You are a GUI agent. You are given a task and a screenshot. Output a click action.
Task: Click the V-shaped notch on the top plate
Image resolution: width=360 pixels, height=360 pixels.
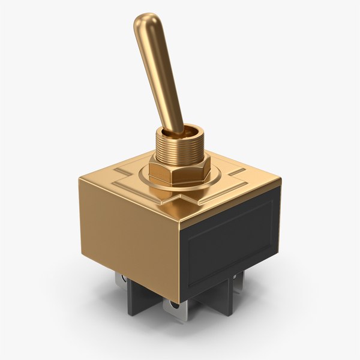tap(180, 196)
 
